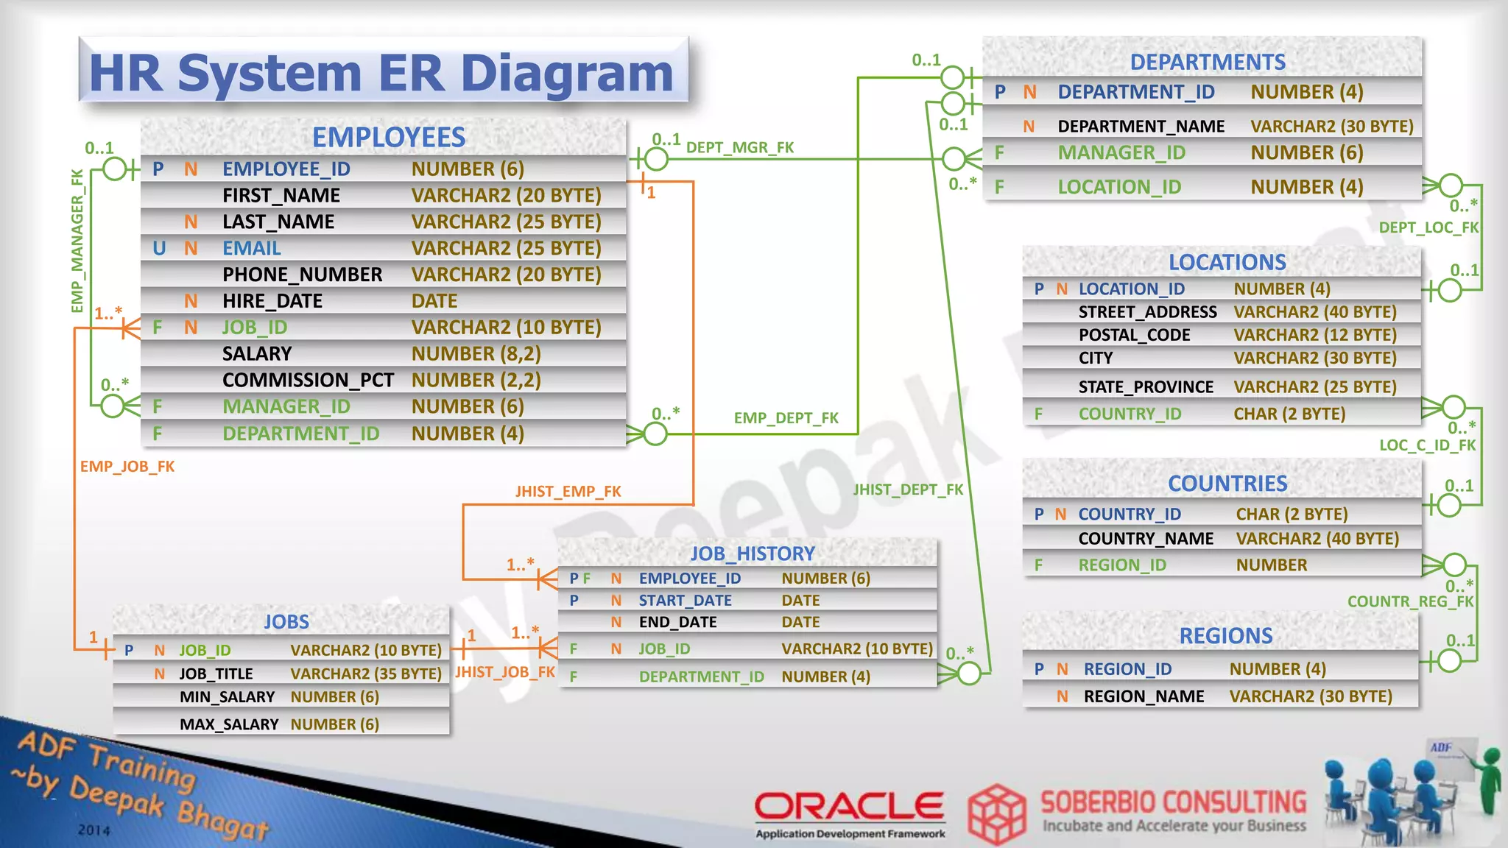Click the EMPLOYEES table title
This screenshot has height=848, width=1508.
tap(389, 138)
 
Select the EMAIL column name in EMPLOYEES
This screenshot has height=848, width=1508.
tap(252, 249)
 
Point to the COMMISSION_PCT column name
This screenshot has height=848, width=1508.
tap(308, 381)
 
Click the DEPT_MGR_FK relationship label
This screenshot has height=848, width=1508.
tap(740, 148)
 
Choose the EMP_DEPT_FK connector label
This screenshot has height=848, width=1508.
tap(786, 418)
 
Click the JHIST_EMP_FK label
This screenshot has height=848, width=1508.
tap(568, 491)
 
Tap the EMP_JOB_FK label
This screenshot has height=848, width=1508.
tap(127, 467)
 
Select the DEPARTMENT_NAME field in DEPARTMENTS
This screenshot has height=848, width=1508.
tap(1141, 127)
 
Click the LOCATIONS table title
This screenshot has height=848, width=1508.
tap(1227, 263)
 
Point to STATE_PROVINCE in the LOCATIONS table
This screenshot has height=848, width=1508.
tap(1146, 387)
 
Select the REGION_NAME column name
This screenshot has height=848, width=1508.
tap(1144, 696)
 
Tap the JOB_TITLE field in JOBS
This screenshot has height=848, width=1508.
tap(216, 674)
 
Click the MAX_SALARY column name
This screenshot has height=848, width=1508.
tap(229, 724)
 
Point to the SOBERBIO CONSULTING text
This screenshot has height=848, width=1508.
tap(1173, 802)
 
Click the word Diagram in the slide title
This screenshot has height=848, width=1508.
tap(566, 74)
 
